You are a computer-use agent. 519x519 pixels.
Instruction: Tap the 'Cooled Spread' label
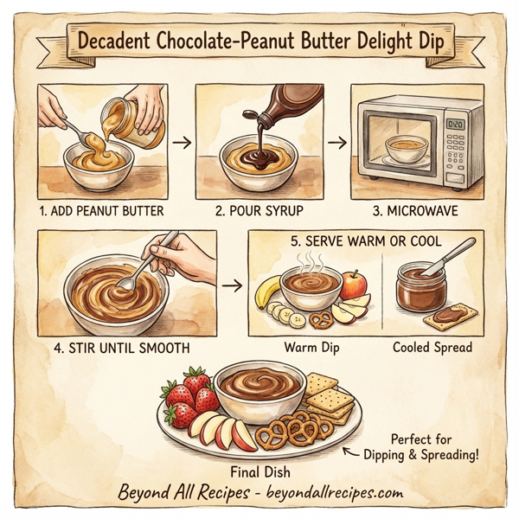[x=432, y=348]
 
